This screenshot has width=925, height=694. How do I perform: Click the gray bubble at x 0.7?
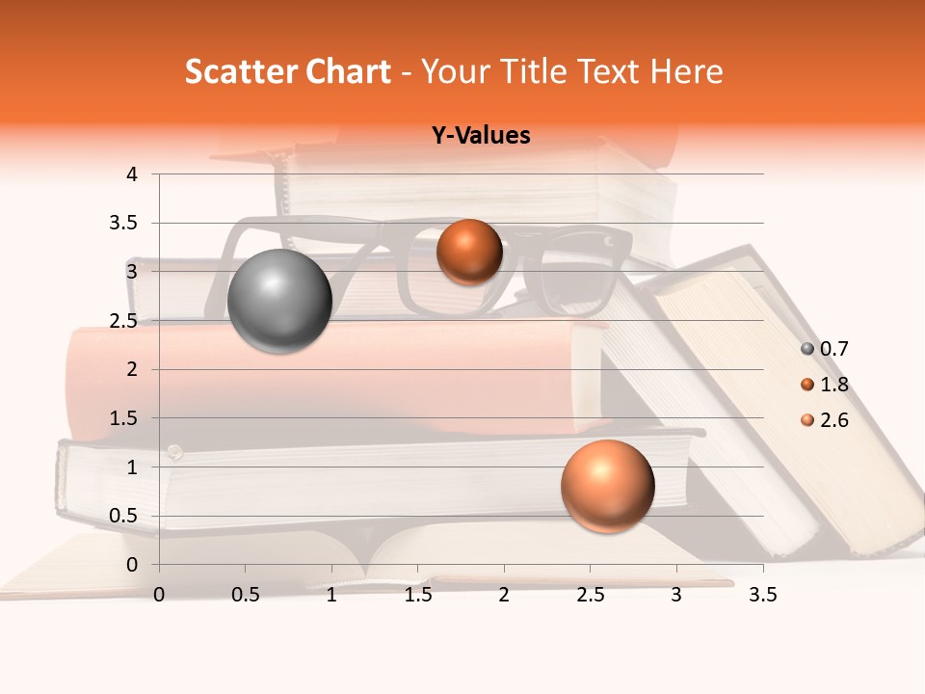[279, 301]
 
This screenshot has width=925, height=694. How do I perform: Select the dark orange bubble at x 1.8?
[469, 252]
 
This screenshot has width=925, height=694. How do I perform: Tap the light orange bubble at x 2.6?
[607, 486]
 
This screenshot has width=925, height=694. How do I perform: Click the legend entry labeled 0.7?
[825, 349]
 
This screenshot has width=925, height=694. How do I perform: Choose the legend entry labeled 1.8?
[825, 385]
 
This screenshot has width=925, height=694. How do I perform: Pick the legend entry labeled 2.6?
[825, 420]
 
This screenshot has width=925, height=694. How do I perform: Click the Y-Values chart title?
[481, 136]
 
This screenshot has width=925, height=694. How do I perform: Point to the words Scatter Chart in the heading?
[287, 71]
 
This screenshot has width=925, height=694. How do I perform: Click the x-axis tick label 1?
[331, 595]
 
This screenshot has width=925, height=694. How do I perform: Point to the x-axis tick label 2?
[504, 595]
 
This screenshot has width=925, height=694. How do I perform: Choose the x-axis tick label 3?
[676, 595]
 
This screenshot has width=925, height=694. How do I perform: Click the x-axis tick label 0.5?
[246, 595]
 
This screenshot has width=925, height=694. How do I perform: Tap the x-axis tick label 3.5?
[762, 595]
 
